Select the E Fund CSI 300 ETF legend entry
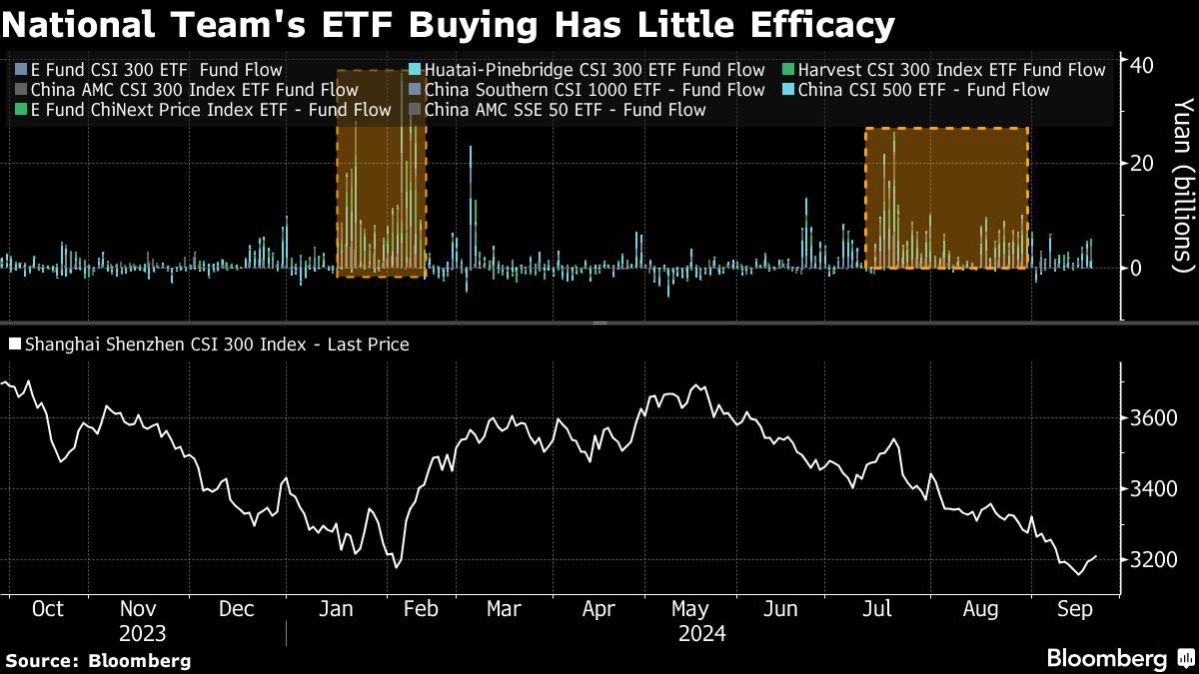pyautogui.click(x=150, y=70)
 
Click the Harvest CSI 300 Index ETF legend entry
pyautogui.click(x=949, y=70)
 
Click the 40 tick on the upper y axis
pyautogui.click(x=1142, y=65)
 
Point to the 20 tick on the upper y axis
pyautogui.click(x=1142, y=163)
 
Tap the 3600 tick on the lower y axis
pyautogui.click(x=1150, y=417)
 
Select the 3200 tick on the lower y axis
pyautogui.click(x=1150, y=559)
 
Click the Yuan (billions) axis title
pyautogui.click(x=1182, y=185)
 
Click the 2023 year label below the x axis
pyautogui.click(x=142, y=634)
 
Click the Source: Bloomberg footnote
pyautogui.click(x=98, y=660)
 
